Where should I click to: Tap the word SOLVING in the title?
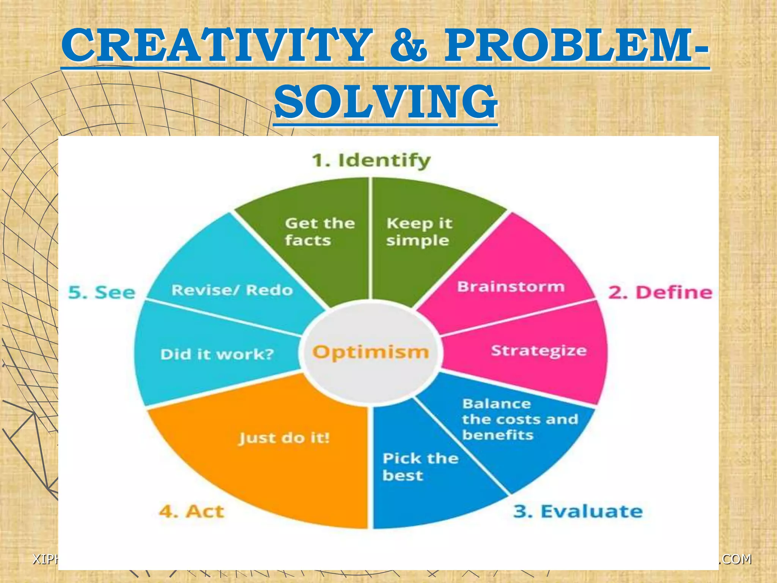click(x=385, y=101)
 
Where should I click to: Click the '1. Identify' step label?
click(x=371, y=161)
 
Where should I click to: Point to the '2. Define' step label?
click(x=660, y=292)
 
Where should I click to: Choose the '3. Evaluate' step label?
click(x=578, y=511)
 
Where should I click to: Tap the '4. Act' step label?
click(x=192, y=511)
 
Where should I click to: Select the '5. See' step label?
click(x=102, y=292)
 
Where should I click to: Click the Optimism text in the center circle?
click(x=370, y=352)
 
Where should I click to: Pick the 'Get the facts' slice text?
click(x=319, y=232)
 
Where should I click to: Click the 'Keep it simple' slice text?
click(x=419, y=232)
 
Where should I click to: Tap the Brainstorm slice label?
click(x=511, y=287)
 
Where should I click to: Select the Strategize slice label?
click(x=539, y=350)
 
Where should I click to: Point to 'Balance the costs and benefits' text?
click(x=520, y=419)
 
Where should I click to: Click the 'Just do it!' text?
click(x=284, y=438)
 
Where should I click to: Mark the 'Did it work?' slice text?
click(x=217, y=354)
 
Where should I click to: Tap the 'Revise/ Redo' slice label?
click(x=232, y=290)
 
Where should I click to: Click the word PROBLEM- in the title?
click(x=576, y=46)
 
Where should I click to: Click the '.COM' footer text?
click(x=735, y=559)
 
